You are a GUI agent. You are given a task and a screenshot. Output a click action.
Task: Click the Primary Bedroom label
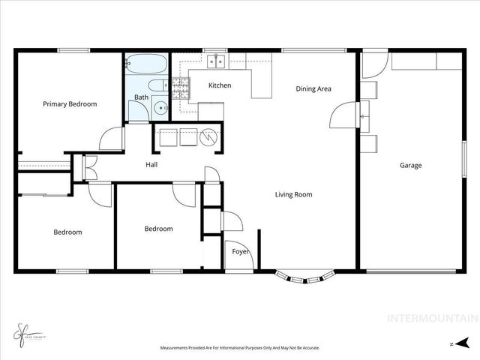(70, 104)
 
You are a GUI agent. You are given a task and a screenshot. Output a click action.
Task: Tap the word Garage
(410, 165)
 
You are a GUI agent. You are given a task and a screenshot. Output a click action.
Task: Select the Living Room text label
(293, 194)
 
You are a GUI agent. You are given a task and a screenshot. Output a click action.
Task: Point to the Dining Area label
(313, 89)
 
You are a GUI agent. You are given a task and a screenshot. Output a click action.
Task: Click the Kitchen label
(220, 85)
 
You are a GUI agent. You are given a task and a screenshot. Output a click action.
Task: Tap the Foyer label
(240, 252)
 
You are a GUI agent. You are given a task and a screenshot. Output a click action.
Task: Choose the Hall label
(151, 165)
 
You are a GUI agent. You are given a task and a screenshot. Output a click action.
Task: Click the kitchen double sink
(217, 60)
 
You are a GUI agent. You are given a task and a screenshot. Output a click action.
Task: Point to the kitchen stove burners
(181, 90)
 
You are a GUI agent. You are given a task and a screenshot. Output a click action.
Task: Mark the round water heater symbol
(210, 137)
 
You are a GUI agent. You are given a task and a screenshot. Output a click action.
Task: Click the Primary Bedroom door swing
(112, 140)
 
